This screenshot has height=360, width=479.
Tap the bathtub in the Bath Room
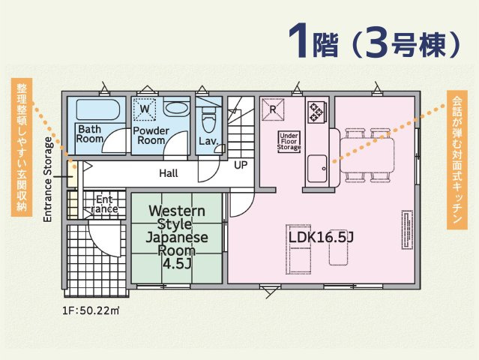pyautogui.click(x=97, y=109)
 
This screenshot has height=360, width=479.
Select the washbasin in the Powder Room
pyautogui.click(x=177, y=108)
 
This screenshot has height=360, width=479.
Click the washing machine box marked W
pyautogui.click(x=145, y=109)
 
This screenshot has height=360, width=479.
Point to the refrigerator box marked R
pyautogui.click(x=273, y=109)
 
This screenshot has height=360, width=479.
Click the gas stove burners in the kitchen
pyautogui.click(x=316, y=112)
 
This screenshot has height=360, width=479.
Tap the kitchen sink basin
pyautogui.click(x=317, y=169)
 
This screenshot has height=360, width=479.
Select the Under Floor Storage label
pyautogui.click(x=289, y=142)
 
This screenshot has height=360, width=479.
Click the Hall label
pyautogui.click(x=169, y=173)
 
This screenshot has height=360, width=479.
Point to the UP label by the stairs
pyautogui.click(x=241, y=165)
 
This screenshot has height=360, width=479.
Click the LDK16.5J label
pyautogui.click(x=321, y=237)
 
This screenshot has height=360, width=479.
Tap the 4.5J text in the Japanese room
pyautogui.click(x=177, y=264)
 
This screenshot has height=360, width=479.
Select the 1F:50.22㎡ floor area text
pyautogui.click(x=91, y=310)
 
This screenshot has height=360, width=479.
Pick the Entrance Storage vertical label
pyautogui.click(x=48, y=180)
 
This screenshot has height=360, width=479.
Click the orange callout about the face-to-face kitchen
pyautogui.click(x=457, y=160)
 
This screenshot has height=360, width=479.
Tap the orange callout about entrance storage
pyautogui.click(x=22, y=147)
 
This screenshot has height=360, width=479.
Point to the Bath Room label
pyautogui.click(x=90, y=133)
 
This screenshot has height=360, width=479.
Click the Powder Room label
pyautogui.click(x=151, y=136)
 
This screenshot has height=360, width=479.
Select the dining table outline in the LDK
pyautogui.click(x=367, y=155)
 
